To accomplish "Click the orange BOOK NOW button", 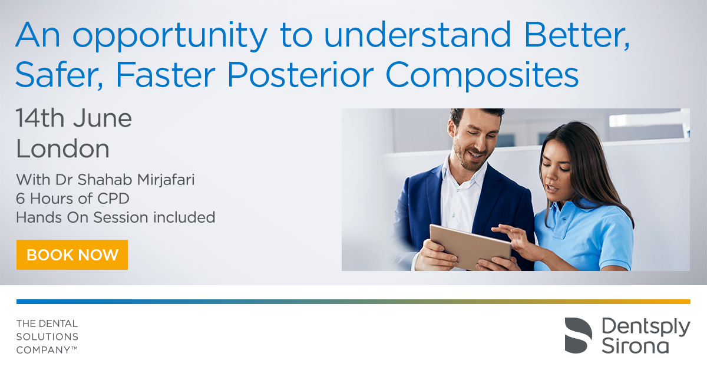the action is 72,255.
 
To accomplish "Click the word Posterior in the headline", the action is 300,75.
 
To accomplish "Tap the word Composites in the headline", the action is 483,76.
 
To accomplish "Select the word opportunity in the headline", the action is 170,36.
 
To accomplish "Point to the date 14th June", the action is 74,118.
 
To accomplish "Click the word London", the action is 63,148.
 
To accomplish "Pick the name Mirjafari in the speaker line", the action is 166,180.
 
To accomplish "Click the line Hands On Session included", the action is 115,217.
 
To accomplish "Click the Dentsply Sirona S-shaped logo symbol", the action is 578,335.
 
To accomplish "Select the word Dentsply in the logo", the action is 646,327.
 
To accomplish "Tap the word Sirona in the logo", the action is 635,346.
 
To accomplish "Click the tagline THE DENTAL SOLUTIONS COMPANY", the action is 47,336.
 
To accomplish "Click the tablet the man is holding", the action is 470,246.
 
